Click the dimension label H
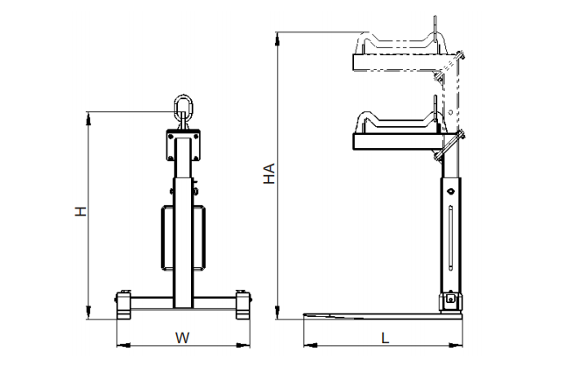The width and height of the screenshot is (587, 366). pos(81,211)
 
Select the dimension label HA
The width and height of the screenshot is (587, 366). pos(269,173)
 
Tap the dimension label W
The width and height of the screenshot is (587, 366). pos(183,338)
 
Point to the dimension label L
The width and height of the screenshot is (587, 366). pos(385,338)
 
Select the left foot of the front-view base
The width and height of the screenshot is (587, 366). pos(124,305)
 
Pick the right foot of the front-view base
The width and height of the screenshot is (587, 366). pos(244,305)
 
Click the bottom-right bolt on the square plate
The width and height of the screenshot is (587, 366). pos(195,158)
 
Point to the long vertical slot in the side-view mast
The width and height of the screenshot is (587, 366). pos(450,237)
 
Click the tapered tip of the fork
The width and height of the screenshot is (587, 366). pos(304,315)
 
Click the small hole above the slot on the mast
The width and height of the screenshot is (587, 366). pos(450,191)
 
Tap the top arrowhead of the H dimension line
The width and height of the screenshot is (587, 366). pos(88,119)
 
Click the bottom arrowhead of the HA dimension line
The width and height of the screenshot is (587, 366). pos(277,312)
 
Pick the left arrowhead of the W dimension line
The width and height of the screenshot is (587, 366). pos(124,345)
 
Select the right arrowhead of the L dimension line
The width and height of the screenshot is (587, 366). pos(456,345)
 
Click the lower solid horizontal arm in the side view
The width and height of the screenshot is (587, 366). pos(399,142)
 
